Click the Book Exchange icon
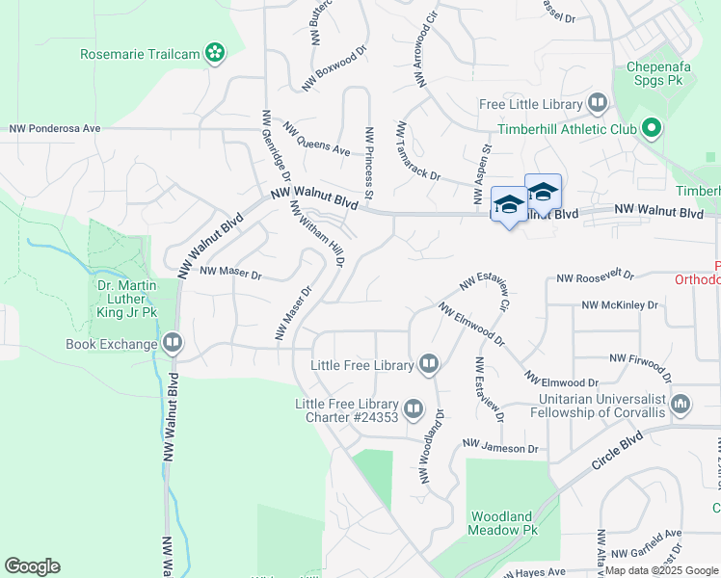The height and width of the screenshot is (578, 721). pyautogui.click(x=173, y=343)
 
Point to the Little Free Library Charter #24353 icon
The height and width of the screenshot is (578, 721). pyautogui.click(x=414, y=410)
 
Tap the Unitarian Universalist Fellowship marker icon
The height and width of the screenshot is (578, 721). pyautogui.click(x=681, y=403)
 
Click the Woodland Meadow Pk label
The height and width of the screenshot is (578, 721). pyautogui.click(x=501, y=523)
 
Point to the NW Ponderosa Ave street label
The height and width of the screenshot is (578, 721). pyautogui.click(x=55, y=128)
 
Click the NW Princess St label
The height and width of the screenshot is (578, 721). pyautogui.click(x=368, y=154)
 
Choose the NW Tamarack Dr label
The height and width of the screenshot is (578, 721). pyautogui.click(x=417, y=151)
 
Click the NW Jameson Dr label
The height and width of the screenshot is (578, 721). pyautogui.click(x=500, y=447)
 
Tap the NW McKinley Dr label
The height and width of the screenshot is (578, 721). pyautogui.click(x=620, y=305)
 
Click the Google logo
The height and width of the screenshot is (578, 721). pyautogui.click(x=32, y=566)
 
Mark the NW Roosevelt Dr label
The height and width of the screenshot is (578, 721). pyautogui.click(x=596, y=277)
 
